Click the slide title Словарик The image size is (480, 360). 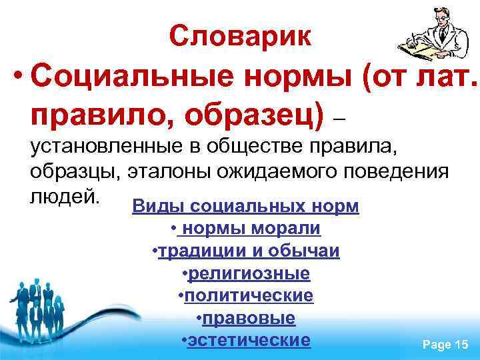240,35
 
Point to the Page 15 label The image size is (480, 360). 445,344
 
